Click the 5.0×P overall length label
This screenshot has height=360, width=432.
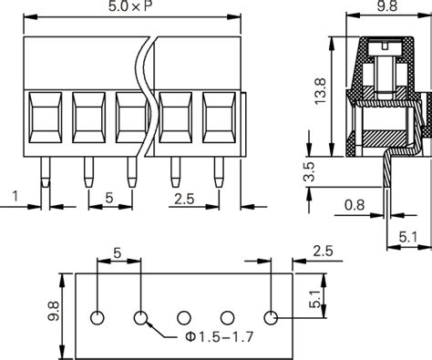[134, 10]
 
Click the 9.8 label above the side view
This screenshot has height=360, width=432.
[385, 10]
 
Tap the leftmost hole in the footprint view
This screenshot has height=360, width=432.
[98, 318]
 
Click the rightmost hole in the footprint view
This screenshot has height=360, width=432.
[271, 318]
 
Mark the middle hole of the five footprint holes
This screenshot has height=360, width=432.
[184, 318]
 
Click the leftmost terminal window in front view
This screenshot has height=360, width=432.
[44, 118]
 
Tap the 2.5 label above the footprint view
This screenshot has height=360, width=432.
[322, 251]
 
